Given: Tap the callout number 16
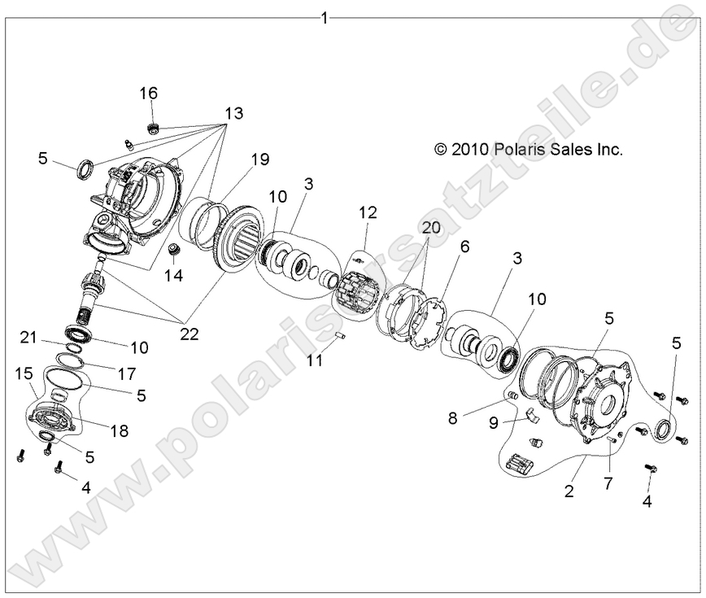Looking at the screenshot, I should click(x=149, y=94).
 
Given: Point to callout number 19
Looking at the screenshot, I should click(x=259, y=159).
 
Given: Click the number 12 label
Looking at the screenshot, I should click(x=368, y=214).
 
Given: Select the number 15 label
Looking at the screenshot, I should click(x=23, y=372).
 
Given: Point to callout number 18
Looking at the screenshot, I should click(x=120, y=431).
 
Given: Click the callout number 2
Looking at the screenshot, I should click(x=570, y=491).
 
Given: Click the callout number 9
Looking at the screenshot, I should click(x=495, y=422).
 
